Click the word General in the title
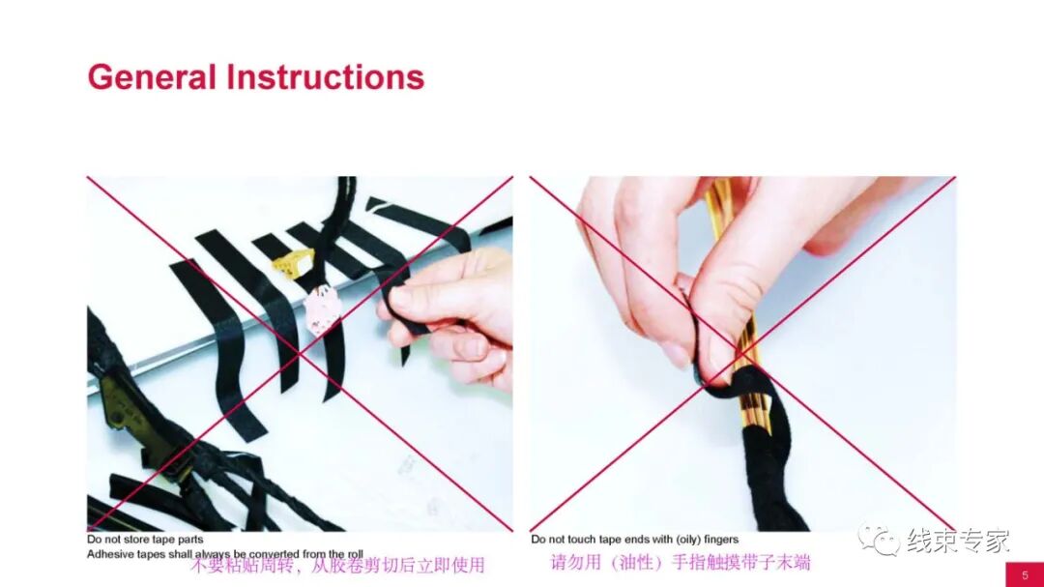pos(151,76)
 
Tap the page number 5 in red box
pos(1025,574)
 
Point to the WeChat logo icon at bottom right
pos(878,540)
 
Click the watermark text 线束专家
pos(957,541)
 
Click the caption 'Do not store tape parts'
pos(145,540)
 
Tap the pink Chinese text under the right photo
pos(680,562)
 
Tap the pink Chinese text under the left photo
pos(336,565)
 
